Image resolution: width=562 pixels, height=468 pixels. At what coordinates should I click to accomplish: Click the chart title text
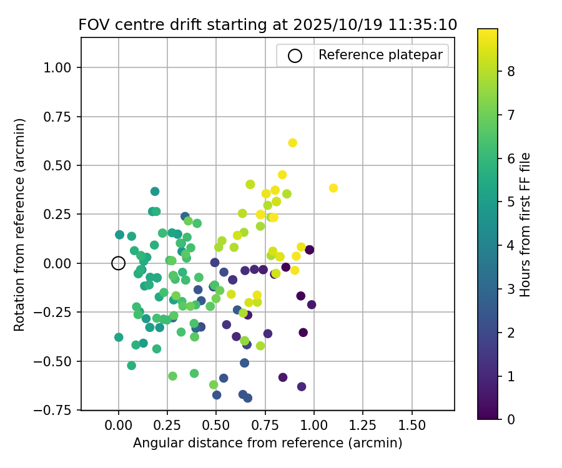pyautogui.click(x=267, y=25)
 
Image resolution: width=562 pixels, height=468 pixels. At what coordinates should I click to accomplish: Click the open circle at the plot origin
pyautogui.click(x=119, y=263)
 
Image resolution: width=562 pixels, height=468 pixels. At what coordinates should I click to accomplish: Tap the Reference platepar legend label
pyautogui.click(x=380, y=55)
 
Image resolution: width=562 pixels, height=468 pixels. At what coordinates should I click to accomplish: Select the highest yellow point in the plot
pyautogui.click(x=292, y=143)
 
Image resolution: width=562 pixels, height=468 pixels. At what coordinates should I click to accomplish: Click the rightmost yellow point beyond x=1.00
pyautogui.click(x=333, y=188)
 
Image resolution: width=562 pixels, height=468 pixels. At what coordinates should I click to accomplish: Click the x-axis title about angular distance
pyautogui.click(x=267, y=443)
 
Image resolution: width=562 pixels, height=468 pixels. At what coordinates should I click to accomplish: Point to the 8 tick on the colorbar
pyautogui.click(x=511, y=71)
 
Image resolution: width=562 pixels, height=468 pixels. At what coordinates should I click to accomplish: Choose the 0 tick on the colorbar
pyautogui.click(x=511, y=419)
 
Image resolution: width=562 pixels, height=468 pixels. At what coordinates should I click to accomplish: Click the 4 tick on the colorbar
pyautogui.click(x=511, y=245)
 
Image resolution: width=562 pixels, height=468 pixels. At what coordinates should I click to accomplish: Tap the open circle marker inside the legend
pyautogui.click(x=295, y=56)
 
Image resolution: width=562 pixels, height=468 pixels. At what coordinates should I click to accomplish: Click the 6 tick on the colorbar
pyautogui.click(x=511, y=158)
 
